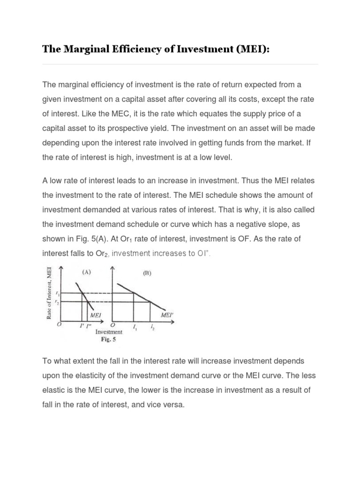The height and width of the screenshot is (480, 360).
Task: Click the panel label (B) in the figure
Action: click(147, 273)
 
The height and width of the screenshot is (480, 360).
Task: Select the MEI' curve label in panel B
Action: click(166, 315)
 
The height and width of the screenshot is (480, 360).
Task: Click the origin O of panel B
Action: click(112, 324)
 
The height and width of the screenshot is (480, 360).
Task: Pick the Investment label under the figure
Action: click(109, 332)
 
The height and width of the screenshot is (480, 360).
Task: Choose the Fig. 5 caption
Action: click(109, 340)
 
